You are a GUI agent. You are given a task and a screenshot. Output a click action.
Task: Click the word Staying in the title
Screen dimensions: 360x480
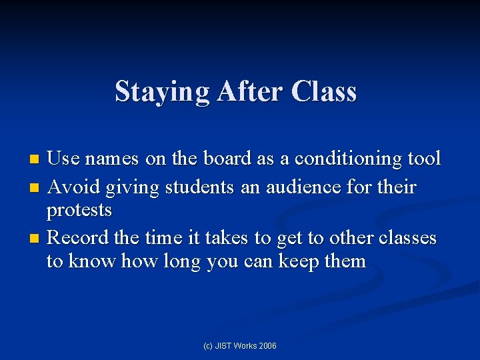[163, 92]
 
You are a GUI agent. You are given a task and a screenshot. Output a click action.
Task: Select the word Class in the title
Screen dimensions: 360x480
[324, 91]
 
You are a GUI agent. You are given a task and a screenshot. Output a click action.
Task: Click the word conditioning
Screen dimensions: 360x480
[348, 159]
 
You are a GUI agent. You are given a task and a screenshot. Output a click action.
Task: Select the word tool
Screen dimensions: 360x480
[424, 159]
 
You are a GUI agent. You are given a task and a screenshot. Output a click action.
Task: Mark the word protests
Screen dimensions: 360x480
[79, 211]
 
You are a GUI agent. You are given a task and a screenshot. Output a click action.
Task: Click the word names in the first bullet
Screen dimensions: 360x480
[112, 159]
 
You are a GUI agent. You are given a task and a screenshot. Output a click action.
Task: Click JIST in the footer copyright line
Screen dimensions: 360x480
[227, 346]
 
